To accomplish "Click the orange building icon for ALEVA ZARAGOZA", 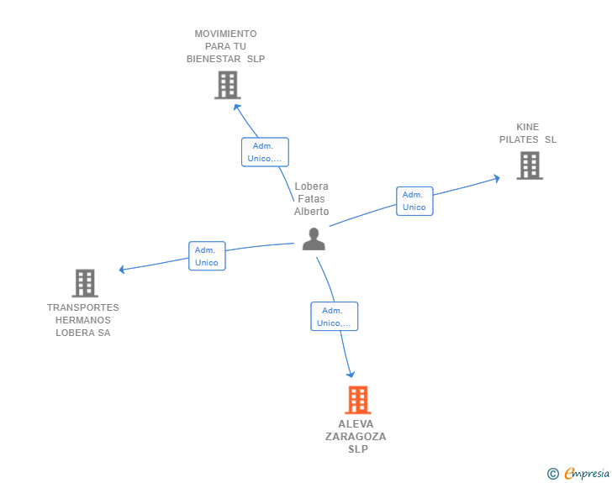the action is [357, 400].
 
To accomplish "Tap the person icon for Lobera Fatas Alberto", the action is [314, 239].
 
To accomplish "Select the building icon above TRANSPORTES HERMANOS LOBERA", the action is [85, 283].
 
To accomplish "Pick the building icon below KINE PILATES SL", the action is [530, 165].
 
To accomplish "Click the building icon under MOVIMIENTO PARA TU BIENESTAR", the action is [228, 85].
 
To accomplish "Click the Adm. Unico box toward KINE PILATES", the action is [414, 201].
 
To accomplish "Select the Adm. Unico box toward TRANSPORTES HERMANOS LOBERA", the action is [207, 256].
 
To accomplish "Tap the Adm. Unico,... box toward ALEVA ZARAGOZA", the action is [334, 317].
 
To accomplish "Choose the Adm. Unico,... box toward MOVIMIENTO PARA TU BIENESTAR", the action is [265, 152].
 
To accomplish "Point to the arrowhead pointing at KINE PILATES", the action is [497, 179].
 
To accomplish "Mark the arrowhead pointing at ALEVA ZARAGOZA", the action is [351, 375].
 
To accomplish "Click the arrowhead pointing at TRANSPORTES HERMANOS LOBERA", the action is [122, 269].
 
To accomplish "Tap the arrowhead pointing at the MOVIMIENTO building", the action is [236, 107].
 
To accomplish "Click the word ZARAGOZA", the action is [356, 437].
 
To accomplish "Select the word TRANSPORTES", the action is [83, 307].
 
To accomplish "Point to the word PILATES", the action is [519, 139].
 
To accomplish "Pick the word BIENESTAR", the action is [214, 59].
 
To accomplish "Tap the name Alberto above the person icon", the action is [311, 212].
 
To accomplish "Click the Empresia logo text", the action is [587, 473].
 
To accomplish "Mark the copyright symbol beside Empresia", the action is [553, 474].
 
